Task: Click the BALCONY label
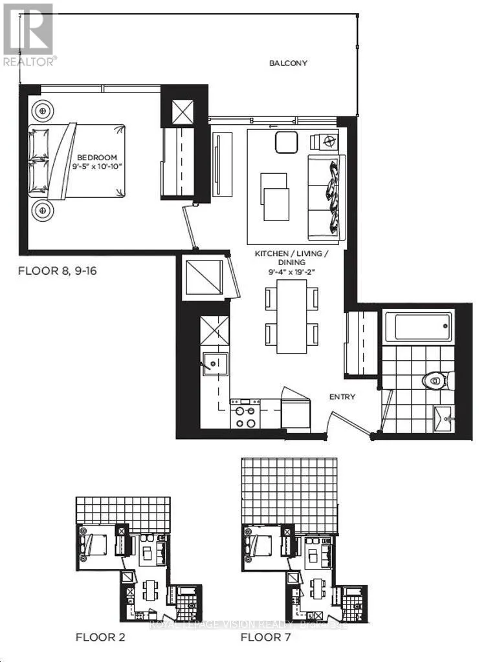pyautogui.click(x=288, y=63)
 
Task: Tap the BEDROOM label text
pyautogui.click(x=97, y=158)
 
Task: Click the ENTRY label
pyautogui.click(x=342, y=397)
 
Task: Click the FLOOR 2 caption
pyautogui.click(x=100, y=637)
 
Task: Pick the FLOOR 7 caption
pyautogui.click(x=265, y=637)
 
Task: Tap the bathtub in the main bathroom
pyautogui.click(x=417, y=326)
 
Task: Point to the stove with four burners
pyautogui.click(x=245, y=416)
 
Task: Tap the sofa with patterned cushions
pyautogui.click(x=327, y=195)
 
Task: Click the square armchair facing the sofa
pyautogui.click(x=286, y=142)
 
